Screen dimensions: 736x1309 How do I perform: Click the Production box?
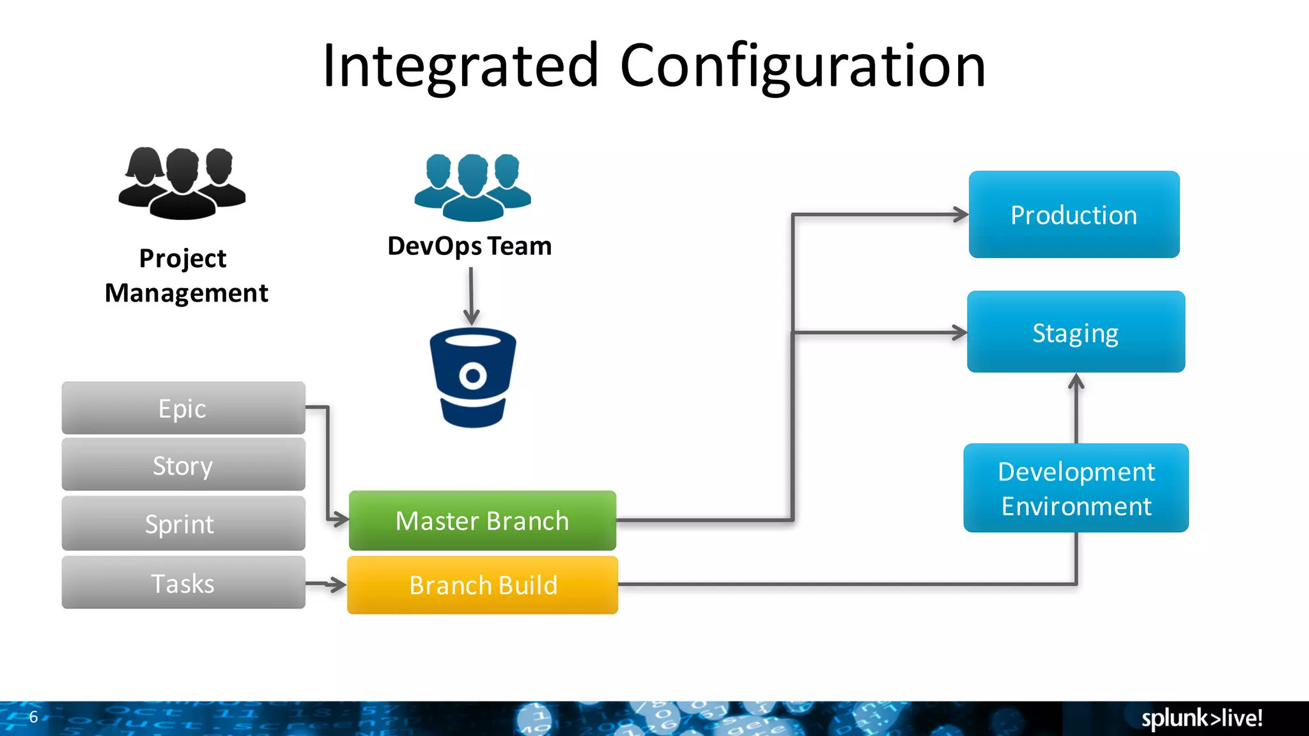(x=1074, y=215)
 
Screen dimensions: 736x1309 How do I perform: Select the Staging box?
(x=1076, y=332)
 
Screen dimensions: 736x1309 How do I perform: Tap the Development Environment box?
(x=1076, y=488)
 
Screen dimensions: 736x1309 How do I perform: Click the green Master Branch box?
(x=483, y=521)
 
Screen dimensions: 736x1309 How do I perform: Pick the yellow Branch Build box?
(x=483, y=585)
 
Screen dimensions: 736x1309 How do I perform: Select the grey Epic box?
(x=183, y=408)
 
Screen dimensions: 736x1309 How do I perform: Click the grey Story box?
(x=183, y=465)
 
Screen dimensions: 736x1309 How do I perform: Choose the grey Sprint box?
(x=183, y=524)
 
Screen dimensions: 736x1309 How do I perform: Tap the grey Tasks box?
(x=183, y=583)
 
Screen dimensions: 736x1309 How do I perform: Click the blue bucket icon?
(x=473, y=377)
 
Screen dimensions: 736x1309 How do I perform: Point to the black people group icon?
(x=182, y=183)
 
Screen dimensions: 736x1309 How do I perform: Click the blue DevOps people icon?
(x=472, y=187)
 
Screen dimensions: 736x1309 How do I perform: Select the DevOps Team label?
(x=470, y=246)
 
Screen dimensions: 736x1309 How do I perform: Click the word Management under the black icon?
(x=186, y=293)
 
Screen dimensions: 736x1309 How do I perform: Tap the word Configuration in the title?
(x=803, y=66)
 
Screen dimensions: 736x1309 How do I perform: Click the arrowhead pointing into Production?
(x=961, y=215)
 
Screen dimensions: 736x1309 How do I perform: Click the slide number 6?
(x=33, y=717)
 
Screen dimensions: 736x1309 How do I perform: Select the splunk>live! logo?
(x=1202, y=718)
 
